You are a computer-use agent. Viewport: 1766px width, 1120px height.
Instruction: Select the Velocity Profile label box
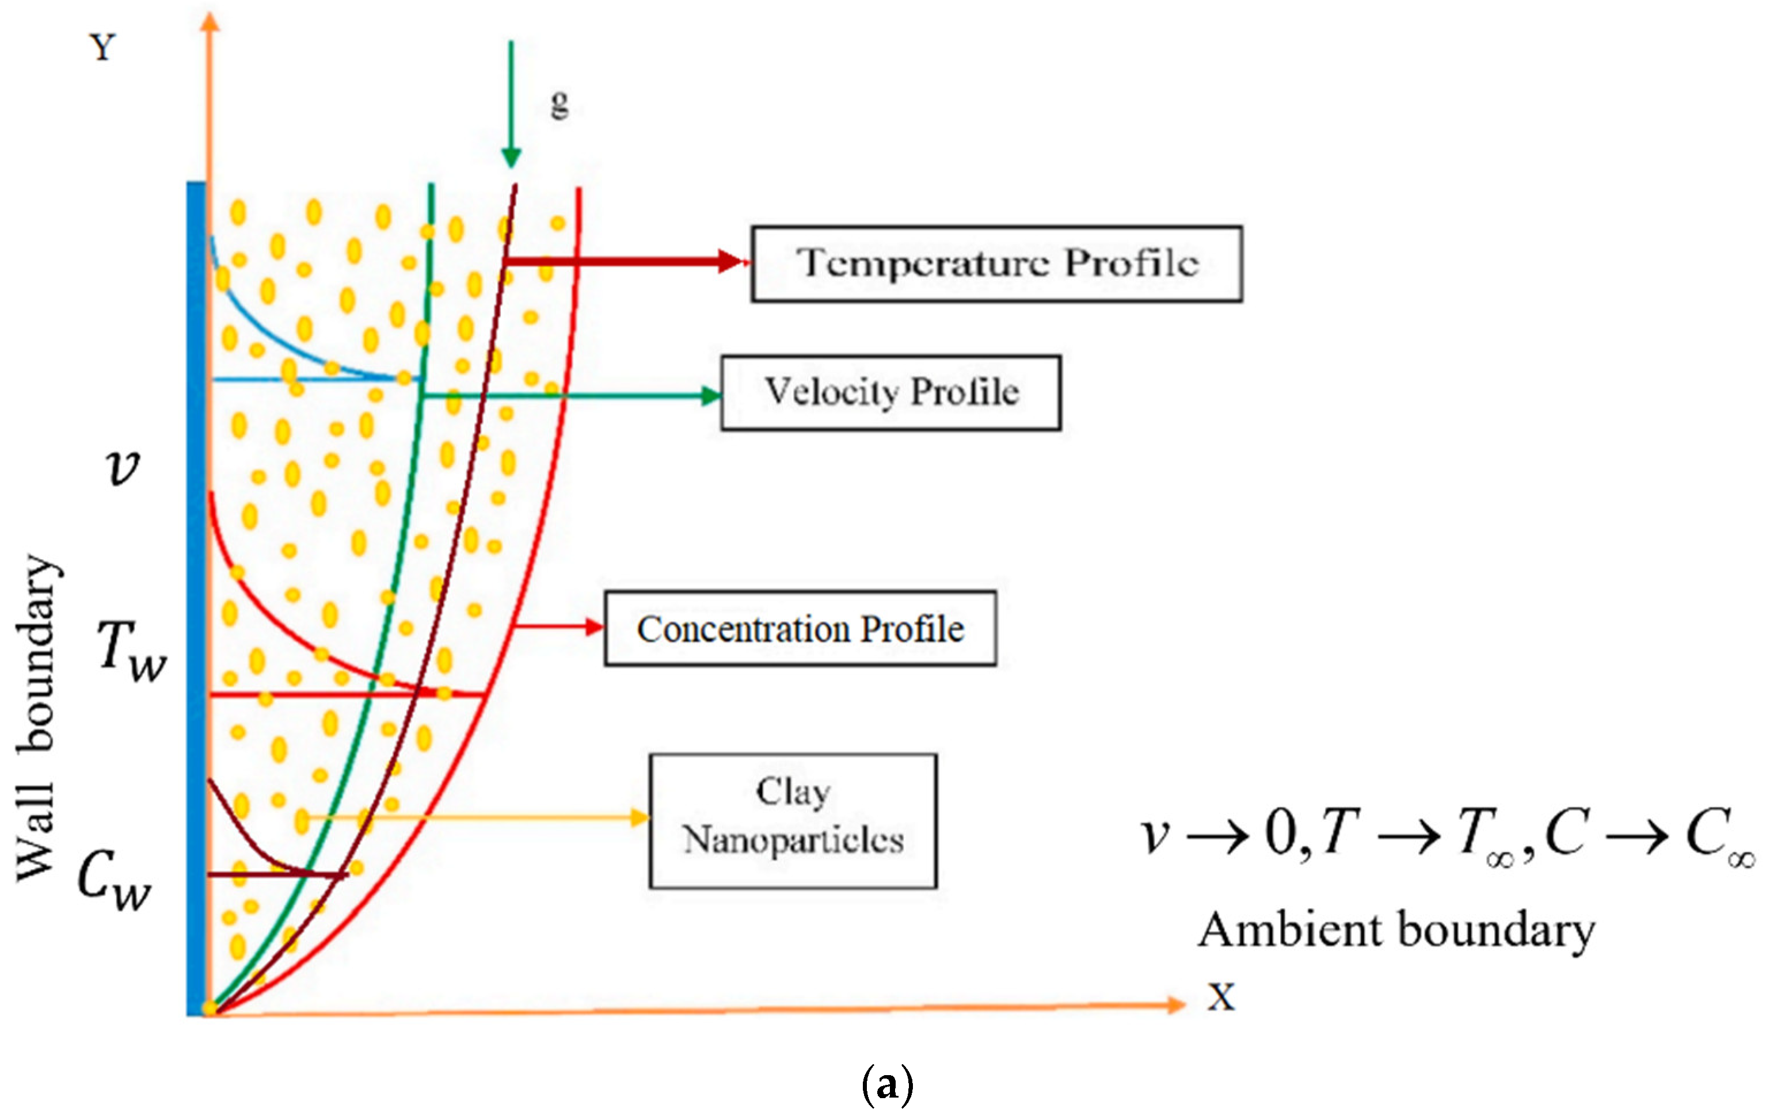[x=890, y=393]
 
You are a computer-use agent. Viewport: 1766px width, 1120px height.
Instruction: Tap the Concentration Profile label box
[x=800, y=629]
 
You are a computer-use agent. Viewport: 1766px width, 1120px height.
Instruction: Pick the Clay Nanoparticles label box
[x=793, y=820]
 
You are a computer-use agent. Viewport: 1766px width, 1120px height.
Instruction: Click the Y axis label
[x=102, y=48]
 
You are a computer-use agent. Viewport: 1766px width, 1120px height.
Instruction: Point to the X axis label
[x=1221, y=997]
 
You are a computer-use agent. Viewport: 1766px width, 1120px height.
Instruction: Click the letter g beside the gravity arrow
[x=560, y=104]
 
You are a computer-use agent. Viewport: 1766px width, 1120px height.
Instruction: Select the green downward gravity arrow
[x=511, y=102]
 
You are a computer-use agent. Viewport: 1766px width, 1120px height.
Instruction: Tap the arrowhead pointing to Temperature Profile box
[x=732, y=261]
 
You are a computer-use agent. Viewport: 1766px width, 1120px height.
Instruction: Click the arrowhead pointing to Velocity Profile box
[x=710, y=396]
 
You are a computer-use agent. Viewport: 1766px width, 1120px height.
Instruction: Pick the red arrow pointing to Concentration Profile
[x=557, y=626]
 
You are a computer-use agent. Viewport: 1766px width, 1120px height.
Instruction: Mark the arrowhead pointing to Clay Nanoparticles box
[x=640, y=817]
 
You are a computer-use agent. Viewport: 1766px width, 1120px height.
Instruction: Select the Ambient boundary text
[x=1396, y=931]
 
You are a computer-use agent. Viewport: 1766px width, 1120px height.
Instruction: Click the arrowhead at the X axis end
[x=1175, y=1004]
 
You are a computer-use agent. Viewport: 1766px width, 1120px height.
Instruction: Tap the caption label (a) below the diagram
[x=888, y=1085]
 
